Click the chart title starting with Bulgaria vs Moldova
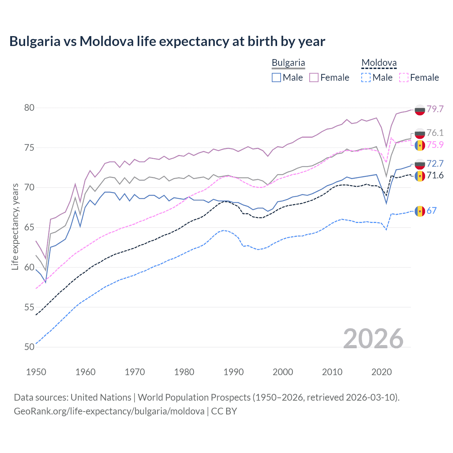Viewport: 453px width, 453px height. point(167,41)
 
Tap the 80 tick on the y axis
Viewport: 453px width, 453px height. point(29,108)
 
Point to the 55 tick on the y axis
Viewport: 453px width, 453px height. point(29,307)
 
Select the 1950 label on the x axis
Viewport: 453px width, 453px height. point(36,372)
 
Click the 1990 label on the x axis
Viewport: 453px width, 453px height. point(234,372)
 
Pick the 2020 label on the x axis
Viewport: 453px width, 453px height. point(382,372)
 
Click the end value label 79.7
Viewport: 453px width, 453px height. point(435,109)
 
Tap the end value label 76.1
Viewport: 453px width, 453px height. point(435,133)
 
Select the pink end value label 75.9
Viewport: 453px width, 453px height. point(435,145)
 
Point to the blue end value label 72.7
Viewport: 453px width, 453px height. point(435,164)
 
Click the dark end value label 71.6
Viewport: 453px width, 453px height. point(435,176)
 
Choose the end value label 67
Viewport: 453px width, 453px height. point(431,211)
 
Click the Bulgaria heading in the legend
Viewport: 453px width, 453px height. point(288,63)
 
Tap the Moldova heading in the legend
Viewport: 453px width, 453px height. point(379,63)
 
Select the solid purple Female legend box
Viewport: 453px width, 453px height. point(314,78)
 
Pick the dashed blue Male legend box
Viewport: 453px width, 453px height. point(366,78)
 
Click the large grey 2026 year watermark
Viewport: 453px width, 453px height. point(373,339)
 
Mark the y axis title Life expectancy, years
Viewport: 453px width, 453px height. point(15,226)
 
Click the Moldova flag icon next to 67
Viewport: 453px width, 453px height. point(420,211)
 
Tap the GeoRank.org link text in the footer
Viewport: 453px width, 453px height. point(109,411)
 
